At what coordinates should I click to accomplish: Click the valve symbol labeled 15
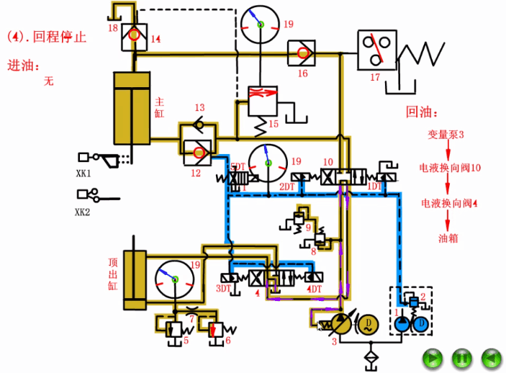point(262,101)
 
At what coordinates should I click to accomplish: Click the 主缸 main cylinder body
point(131,108)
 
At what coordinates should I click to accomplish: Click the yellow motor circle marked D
point(367,322)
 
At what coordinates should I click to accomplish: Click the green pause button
point(461,356)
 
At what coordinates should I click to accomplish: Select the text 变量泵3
point(446,134)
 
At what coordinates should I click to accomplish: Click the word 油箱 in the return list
point(446,238)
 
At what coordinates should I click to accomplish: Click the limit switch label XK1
point(83,174)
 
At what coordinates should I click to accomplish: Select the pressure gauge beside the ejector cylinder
point(176,279)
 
